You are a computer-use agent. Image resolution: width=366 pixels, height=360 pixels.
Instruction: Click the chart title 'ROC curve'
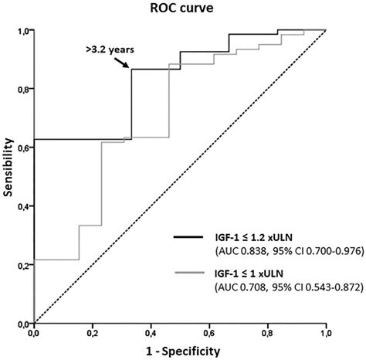pyautogui.click(x=182, y=9)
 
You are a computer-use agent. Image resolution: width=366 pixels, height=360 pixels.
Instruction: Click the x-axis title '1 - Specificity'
pyautogui.click(x=181, y=352)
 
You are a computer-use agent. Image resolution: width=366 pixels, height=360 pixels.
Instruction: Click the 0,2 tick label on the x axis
pyautogui.click(x=92, y=334)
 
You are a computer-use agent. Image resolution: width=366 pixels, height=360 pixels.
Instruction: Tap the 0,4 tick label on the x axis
pyautogui.click(x=151, y=334)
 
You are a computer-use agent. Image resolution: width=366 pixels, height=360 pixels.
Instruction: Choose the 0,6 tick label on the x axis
pyautogui.click(x=209, y=334)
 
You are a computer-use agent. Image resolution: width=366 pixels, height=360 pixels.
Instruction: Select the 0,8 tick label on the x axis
pyautogui.click(x=268, y=334)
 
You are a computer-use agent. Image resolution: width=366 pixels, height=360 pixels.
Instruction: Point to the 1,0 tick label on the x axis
pyautogui.click(x=326, y=334)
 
